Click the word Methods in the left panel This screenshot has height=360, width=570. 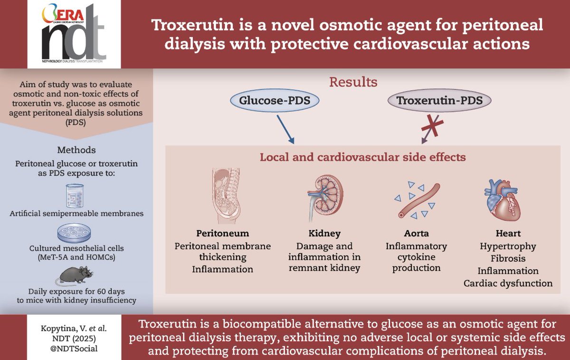(76, 150)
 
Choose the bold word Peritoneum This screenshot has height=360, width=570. (222, 234)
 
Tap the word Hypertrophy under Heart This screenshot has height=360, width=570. (508, 246)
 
